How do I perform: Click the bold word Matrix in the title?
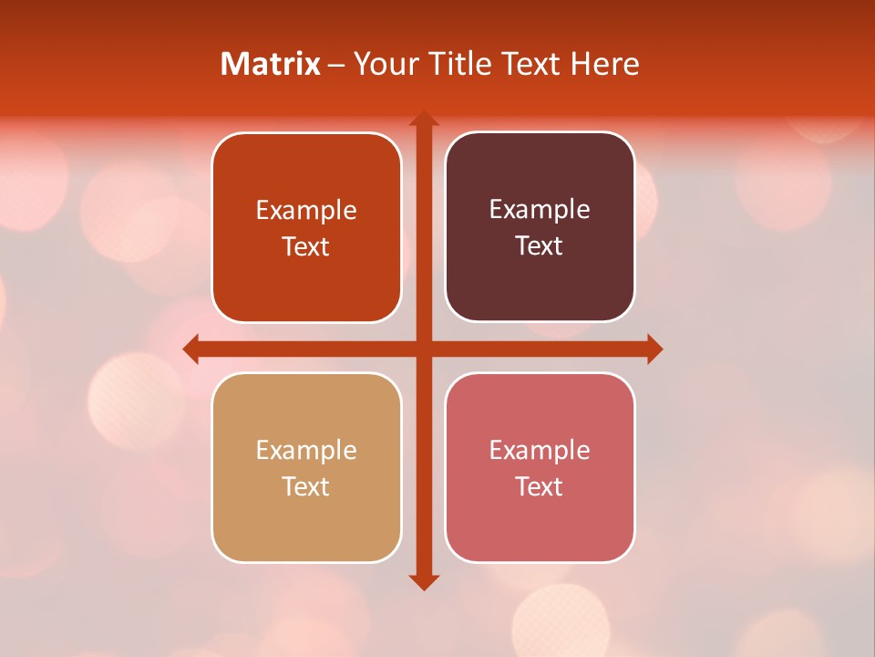pyautogui.click(x=270, y=64)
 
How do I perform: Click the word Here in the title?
pyautogui.click(x=605, y=64)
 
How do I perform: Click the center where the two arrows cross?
pyautogui.click(x=424, y=349)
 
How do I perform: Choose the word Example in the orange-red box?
pyautogui.click(x=306, y=211)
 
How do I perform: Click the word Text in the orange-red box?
pyautogui.click(x=306, y=246)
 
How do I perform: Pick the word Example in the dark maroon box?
pyautogui.click(x=540, y=210)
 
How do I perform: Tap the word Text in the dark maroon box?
pyautogui.click(x=540, y=245)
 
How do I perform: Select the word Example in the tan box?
pyautogui.click(x=306, y=450)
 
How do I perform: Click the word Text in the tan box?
pyautogui.click(x=306, y=486)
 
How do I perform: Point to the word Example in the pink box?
pyautogui.click(x=540, y=450)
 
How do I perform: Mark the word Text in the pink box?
pyautogui.click(x=540, y=486)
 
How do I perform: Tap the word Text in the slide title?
pyautogui.click(x=530, y=64)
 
